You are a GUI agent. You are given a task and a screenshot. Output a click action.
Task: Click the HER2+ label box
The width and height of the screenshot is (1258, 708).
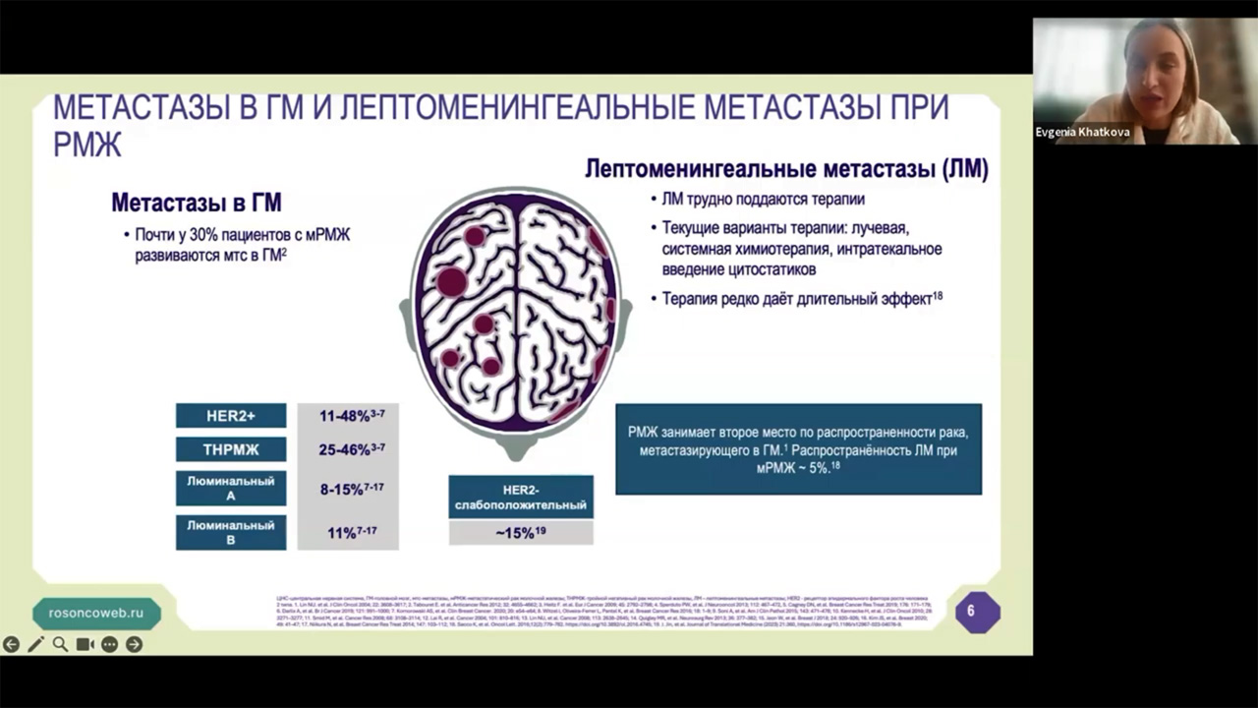pos(231,416)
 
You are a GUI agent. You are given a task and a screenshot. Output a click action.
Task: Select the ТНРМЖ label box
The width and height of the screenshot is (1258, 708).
pos(231,449)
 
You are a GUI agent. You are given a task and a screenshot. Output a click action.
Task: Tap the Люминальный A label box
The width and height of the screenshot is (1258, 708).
pos(231,489)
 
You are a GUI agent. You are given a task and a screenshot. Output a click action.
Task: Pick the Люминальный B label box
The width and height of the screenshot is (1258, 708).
pos(231,532)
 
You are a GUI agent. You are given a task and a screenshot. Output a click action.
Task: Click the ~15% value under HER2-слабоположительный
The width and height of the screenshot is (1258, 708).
pos(520,533)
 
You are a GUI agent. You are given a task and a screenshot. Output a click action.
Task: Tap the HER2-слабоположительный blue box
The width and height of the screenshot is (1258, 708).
pos(520,497)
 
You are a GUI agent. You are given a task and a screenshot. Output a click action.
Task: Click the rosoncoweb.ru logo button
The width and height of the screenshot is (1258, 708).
pos(96,612)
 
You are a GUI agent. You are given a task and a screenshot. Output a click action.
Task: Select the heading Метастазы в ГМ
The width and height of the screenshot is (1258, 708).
pos(197,204)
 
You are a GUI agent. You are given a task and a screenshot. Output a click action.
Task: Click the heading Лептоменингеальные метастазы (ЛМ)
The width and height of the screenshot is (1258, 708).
pos(786,169)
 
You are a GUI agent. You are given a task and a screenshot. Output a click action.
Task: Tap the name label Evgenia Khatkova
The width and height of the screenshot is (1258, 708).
pos(1082,132)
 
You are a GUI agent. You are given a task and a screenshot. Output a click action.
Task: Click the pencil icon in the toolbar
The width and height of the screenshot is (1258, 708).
pos(35,644)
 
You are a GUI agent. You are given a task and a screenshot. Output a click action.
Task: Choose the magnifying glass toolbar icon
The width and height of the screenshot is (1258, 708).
pos(60,644)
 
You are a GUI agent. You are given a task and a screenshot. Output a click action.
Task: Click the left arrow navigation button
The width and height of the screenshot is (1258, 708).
pos(11,644)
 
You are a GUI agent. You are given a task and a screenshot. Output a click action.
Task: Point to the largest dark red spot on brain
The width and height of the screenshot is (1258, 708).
pos(451,281)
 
